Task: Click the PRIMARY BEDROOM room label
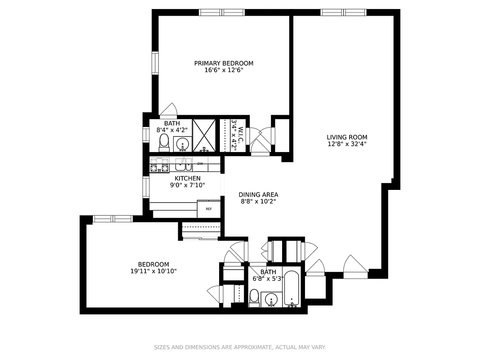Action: (224, 63)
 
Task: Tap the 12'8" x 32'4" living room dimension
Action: (347, 144)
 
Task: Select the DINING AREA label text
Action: (258, 195)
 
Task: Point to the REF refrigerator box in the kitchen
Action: (209, 209)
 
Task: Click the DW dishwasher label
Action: (200, 164)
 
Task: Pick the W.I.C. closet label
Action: (241, 134)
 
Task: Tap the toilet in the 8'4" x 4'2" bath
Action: (164, 143)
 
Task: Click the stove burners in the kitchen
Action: (159, 165)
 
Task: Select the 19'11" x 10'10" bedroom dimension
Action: (153, 271)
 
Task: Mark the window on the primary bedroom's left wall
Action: (155, 63)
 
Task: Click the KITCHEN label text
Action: (188, 179)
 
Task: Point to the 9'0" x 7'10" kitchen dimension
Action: (188, 185)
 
